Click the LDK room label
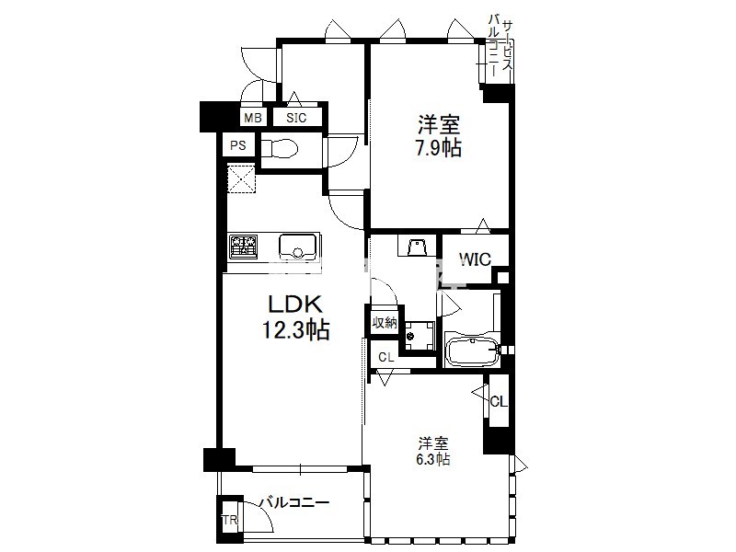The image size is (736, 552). (x=295, y=305)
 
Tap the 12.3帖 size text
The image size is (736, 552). (x=295, y=330)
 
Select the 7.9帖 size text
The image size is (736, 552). (x=438, y=148)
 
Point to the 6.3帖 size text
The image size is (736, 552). (x=432, y=458)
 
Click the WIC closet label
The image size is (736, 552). (x=475, y=259)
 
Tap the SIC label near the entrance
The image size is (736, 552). (x=296, y=118)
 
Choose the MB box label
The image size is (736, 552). (x=253, y=118)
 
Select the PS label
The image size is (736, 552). (x=238, y=145)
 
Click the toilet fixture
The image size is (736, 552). (x=280, y=149)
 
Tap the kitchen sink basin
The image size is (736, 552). (x=297, y=246)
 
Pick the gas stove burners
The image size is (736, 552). (x=244, y=247)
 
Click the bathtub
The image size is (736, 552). (x=472, y=350)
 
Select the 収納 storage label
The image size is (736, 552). (x=385, y=323)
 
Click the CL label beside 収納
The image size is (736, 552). (x=385, y=358)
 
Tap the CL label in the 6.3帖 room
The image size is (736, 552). (x=499, y=401)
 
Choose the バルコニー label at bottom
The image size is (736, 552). (x=294, y=502)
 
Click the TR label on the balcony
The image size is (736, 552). (x=230, y=520)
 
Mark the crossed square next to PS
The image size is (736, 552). (x=242, y=178)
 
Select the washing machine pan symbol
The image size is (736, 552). (x=420, y=335)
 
